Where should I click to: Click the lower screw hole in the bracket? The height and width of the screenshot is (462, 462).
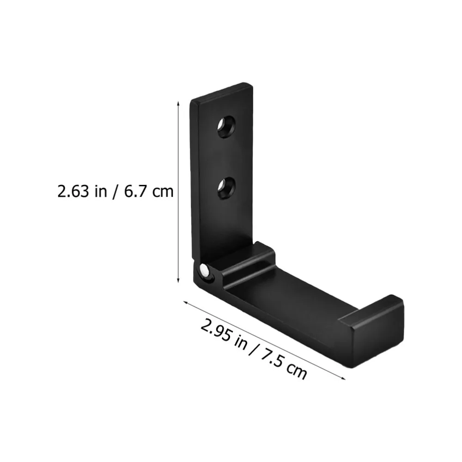(226, 188)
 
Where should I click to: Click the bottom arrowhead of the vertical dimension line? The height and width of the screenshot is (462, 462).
(178, 281)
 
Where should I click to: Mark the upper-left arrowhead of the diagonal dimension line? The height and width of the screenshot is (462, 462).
(186, 303)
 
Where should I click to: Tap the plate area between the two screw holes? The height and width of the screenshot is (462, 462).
(226, 157)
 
